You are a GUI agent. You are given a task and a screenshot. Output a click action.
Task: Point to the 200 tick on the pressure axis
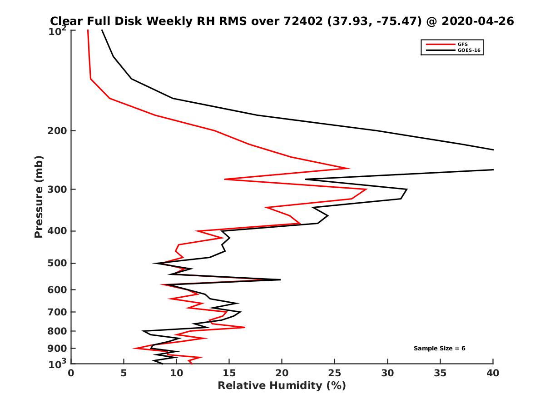click(58, 131)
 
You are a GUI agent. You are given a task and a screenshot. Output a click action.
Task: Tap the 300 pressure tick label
click(58, 190)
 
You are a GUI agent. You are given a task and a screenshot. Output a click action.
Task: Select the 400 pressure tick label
click(58, 231)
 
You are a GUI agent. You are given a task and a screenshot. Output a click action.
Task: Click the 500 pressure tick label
click(58, 263)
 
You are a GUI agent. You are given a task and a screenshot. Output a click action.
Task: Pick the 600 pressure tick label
click(58, 289)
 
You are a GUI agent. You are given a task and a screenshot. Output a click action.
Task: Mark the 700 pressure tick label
click(58, 312)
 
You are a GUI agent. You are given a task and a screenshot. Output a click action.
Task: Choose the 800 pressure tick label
click(58, 331)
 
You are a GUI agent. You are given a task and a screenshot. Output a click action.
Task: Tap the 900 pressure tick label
click(58, 348)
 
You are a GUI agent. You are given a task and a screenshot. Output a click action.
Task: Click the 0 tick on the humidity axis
click(71, 373)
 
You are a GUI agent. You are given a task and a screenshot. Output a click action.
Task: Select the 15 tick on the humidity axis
click(229, 373)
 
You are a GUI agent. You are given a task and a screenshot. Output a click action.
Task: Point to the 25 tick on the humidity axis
click(335, 373)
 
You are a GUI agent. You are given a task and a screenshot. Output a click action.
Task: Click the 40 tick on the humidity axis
click(493, 373)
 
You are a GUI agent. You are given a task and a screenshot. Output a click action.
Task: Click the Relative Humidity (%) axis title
click(282, 386)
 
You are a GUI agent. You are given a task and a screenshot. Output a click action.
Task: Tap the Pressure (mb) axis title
click(39, 197)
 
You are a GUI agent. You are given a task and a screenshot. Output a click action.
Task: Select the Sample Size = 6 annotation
click(439, 349)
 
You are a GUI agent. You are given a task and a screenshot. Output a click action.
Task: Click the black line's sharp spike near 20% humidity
click(280, 280)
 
